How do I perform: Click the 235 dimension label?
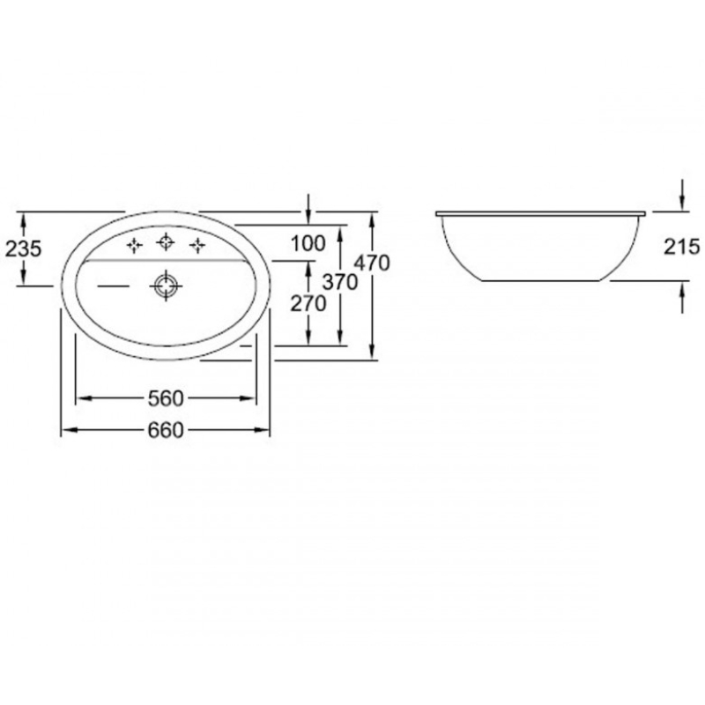pyautogui.click(x=24, y=249)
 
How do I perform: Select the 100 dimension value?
pyautogui.click(x=308, y=244)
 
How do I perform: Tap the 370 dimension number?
pyautogui.click(x=340, y=282)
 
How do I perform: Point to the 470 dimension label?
pyautogui.click(x=372, y=263)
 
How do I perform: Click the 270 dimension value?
pyautogui.click(x=308, y=304)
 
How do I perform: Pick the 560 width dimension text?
pyautogui.click(x=166, y=398)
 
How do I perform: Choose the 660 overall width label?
pyautogui.click(x=166, y=430)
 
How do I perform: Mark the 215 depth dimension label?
pyautogui.click(x=682, y=247)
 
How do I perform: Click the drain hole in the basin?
pyautogui.click(x=166, y=286)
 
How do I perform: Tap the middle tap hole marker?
pyautogui.click(x=166, y=242)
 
